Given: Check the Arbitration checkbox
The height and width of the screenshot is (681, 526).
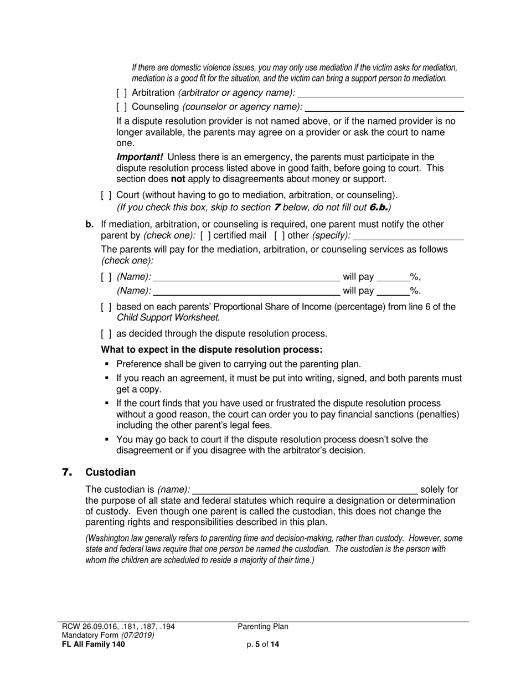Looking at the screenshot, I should point(121,93).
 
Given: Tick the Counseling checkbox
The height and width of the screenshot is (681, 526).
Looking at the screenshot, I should point(121,106).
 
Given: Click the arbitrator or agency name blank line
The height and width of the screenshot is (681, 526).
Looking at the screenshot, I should point(380,96).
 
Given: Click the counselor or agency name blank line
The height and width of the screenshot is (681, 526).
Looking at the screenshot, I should point(384,110).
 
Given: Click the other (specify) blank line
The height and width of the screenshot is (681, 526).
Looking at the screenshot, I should point(409,239).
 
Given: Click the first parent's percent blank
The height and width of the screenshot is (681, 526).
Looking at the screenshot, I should point(393,280).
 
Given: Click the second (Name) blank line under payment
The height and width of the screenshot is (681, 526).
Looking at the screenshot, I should point(246,294).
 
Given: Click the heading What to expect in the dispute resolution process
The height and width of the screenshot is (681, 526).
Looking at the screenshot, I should point(212,350).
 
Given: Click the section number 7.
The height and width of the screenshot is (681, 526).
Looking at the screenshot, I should point(67,472).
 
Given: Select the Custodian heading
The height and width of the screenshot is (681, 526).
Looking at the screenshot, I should point(110,472).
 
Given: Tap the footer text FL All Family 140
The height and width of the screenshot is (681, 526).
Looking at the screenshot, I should point(93,644).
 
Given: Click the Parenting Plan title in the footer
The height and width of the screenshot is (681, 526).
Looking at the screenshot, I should point(263,627).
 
